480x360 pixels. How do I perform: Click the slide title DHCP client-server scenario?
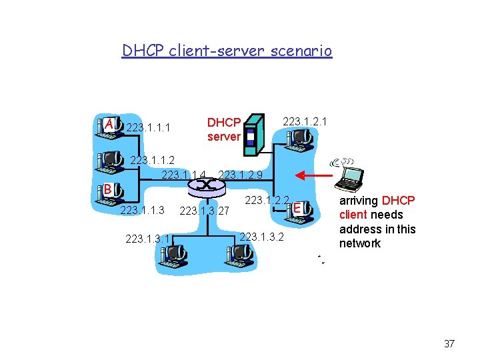tap(227, 51)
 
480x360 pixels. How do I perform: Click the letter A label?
tap(108, 125)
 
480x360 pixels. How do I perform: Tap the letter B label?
tap(107, 189)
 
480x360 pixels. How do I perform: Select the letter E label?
tap(298, 209)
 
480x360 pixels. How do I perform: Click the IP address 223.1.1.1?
tap(148, 127)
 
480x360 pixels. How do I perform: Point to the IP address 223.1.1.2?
tap(152, 160)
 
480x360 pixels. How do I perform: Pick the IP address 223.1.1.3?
tap(141, 211)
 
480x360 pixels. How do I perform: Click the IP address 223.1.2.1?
tap(305, 121)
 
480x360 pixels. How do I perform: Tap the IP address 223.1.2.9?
tap(240, 175)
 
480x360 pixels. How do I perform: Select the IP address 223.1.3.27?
tap(205, 212)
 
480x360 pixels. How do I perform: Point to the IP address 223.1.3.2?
tap(261, 237)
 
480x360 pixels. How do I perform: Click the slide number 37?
tap(449, 344)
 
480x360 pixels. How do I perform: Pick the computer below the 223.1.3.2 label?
tap(239, 252)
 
